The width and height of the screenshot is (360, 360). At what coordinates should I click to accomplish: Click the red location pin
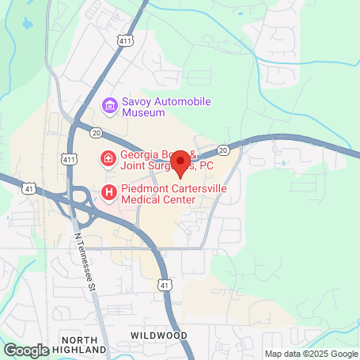pos(180,161)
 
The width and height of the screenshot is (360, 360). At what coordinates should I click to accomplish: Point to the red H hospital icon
pos(109,192)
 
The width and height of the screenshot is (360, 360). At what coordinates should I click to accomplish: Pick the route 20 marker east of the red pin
pos(222,149)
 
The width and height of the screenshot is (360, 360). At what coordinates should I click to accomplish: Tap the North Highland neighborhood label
pos(83,343)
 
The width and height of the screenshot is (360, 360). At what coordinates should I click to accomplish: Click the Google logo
pos(26,349)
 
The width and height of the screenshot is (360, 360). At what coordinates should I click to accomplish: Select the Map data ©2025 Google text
pos(310,354)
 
